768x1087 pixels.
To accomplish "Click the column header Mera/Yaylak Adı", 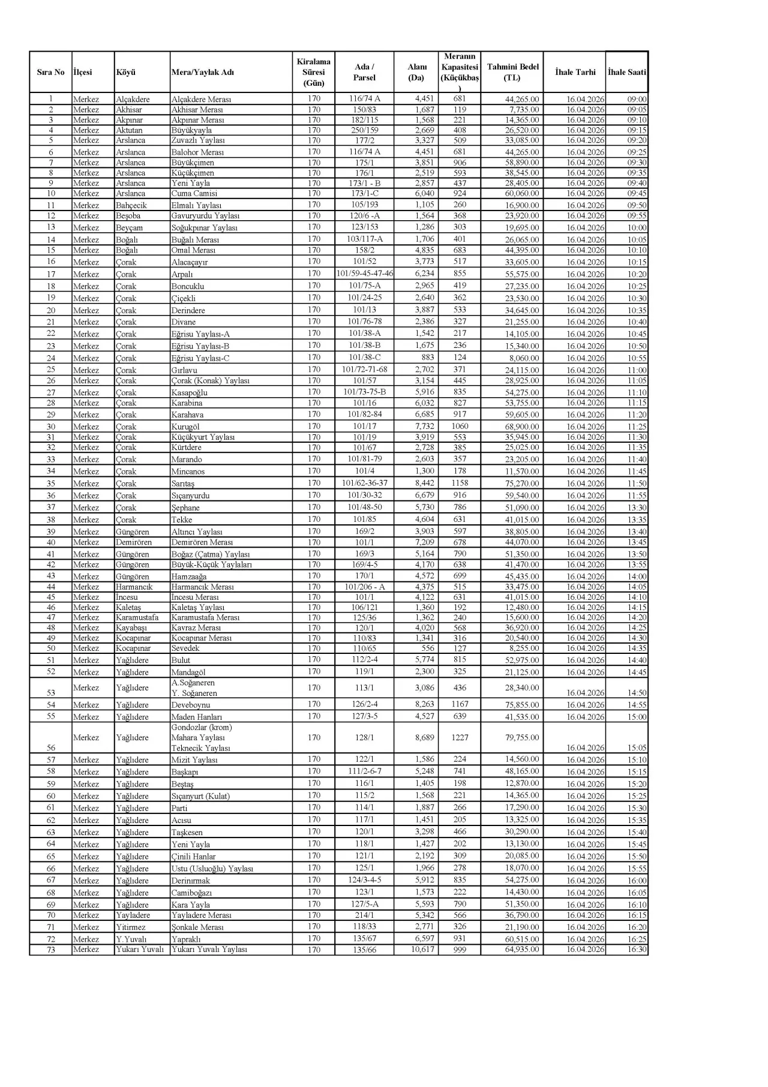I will pos(202,73).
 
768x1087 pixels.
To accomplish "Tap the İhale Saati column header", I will pos(626,73).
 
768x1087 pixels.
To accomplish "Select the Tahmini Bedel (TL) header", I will pos(512,73).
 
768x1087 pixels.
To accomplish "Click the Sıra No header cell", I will pos(50,73).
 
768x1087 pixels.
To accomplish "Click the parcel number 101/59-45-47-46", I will pos(364,274).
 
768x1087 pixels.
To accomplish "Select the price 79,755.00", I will pos(521,737).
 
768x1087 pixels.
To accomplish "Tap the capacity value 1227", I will pos(460,737).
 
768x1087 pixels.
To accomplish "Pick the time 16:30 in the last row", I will pos(637,950).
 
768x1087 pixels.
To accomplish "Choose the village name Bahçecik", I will pos(131,205).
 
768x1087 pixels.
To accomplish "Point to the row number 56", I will pos(51,747).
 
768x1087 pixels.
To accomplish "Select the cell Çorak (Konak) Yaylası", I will pos(210,380).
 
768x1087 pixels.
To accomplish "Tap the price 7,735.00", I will pos(524,110).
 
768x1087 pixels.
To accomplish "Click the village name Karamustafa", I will pos(137,617).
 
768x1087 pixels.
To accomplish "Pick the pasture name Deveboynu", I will pos(191,705).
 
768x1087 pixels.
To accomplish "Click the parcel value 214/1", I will pos(364,915).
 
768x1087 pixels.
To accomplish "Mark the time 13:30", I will pos(637,508).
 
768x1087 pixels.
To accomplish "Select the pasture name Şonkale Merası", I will pos(197,927).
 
